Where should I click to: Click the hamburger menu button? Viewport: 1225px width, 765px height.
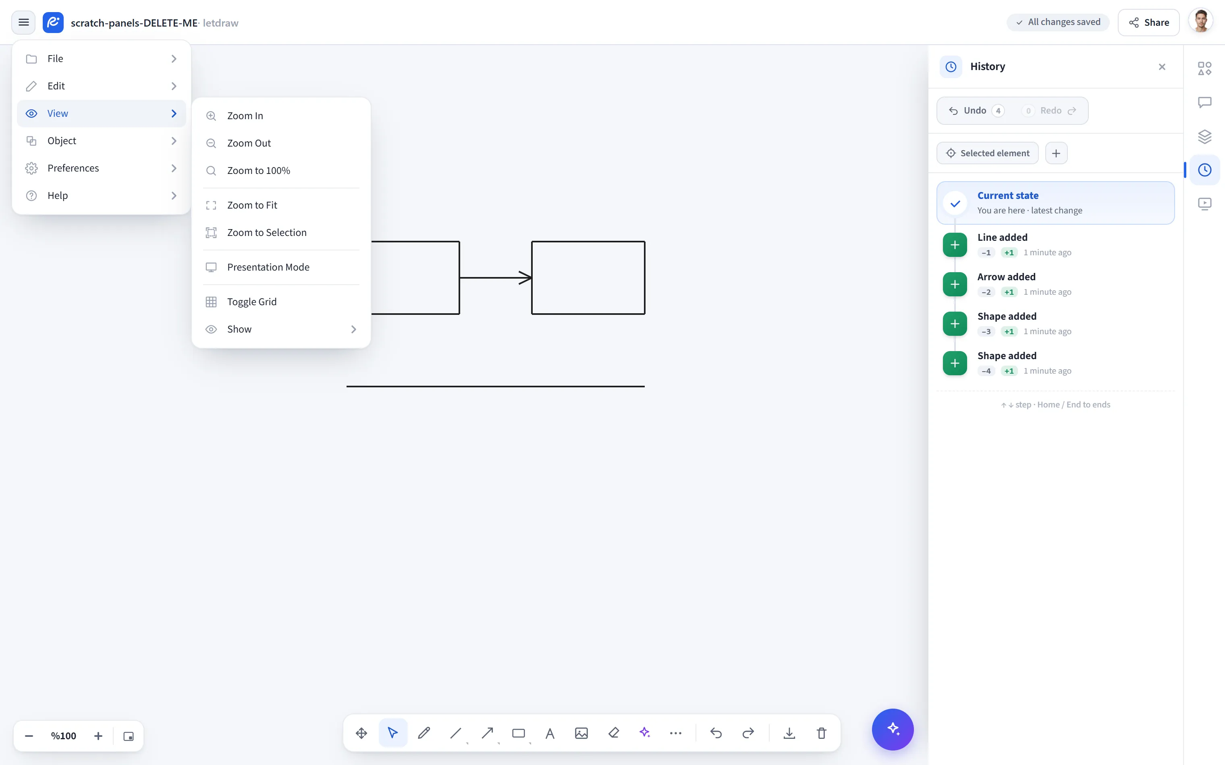(x=23, y=22)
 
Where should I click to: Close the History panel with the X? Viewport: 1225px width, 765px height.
(x=1162, y=67)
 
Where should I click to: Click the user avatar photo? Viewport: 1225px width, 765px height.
(x=1201, y=22)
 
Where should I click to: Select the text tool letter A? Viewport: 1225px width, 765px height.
(x=550, y=733)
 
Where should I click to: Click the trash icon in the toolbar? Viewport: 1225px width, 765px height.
(x=821, y=733)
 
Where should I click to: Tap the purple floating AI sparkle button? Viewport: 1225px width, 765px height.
(x=893, y=729)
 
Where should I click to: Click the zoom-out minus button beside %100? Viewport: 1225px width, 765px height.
(x=29, y=736)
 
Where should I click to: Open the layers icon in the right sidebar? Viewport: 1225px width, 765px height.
(x=1204, y=136)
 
